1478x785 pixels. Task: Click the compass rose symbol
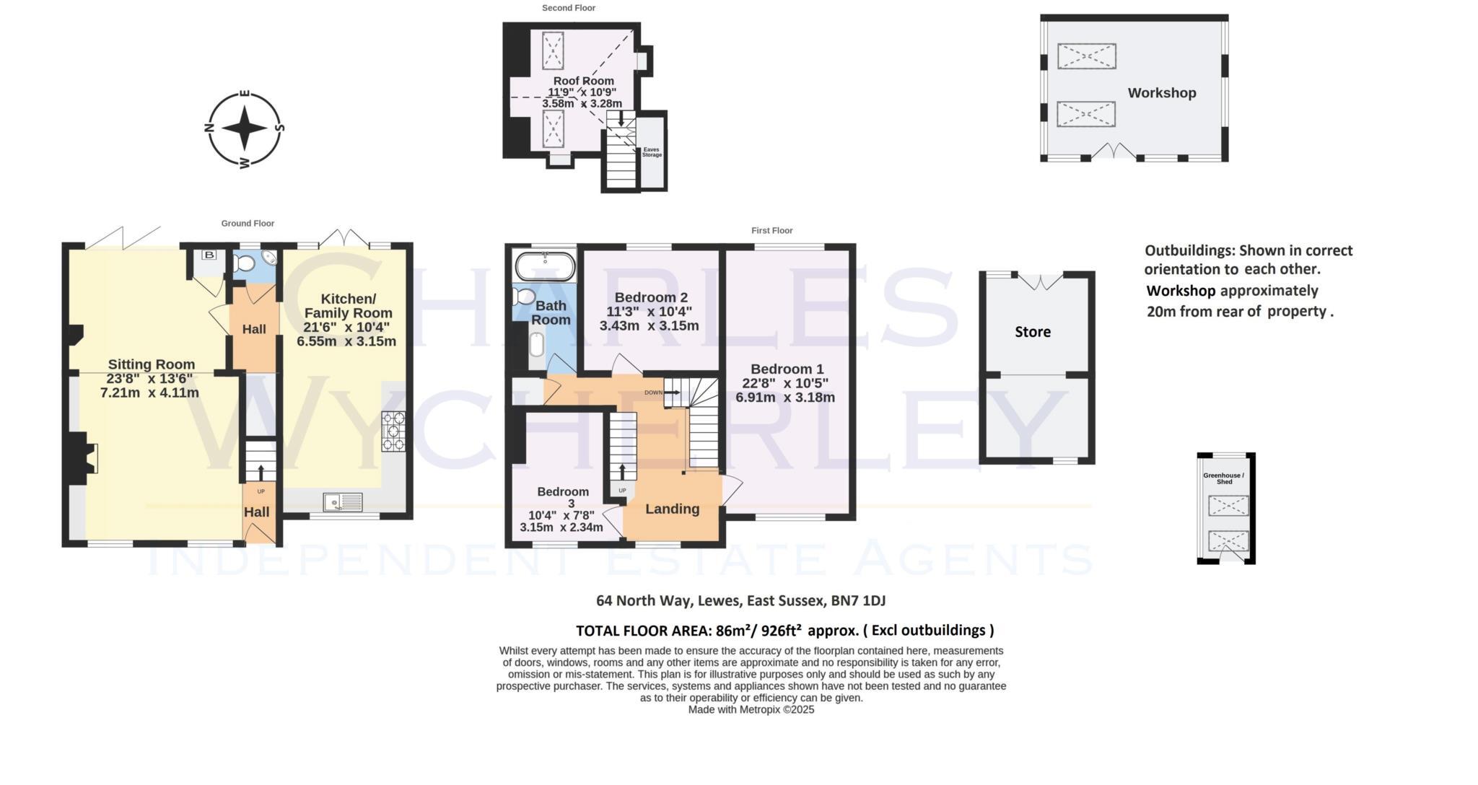pos(245,128)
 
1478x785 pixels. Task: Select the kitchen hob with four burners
pos(393,431)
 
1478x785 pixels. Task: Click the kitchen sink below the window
pos(343,501)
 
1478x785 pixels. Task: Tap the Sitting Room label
pos(152,364)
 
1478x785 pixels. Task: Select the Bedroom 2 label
pos(650,297)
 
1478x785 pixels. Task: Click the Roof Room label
pos(583,81)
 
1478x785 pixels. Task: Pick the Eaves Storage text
pos(652,152)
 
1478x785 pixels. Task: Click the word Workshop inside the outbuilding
pos(1162,93)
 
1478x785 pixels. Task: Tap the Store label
pos(1032,332)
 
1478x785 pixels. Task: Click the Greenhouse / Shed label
pos(1224,478)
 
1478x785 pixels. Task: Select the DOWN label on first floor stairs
pos(653,392)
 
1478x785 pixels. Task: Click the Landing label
pos(672,509)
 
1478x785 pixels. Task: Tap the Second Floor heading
pos(569,8)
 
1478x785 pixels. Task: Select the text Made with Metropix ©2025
pos(751,710)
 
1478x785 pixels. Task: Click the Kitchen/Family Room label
pos(348,306)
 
